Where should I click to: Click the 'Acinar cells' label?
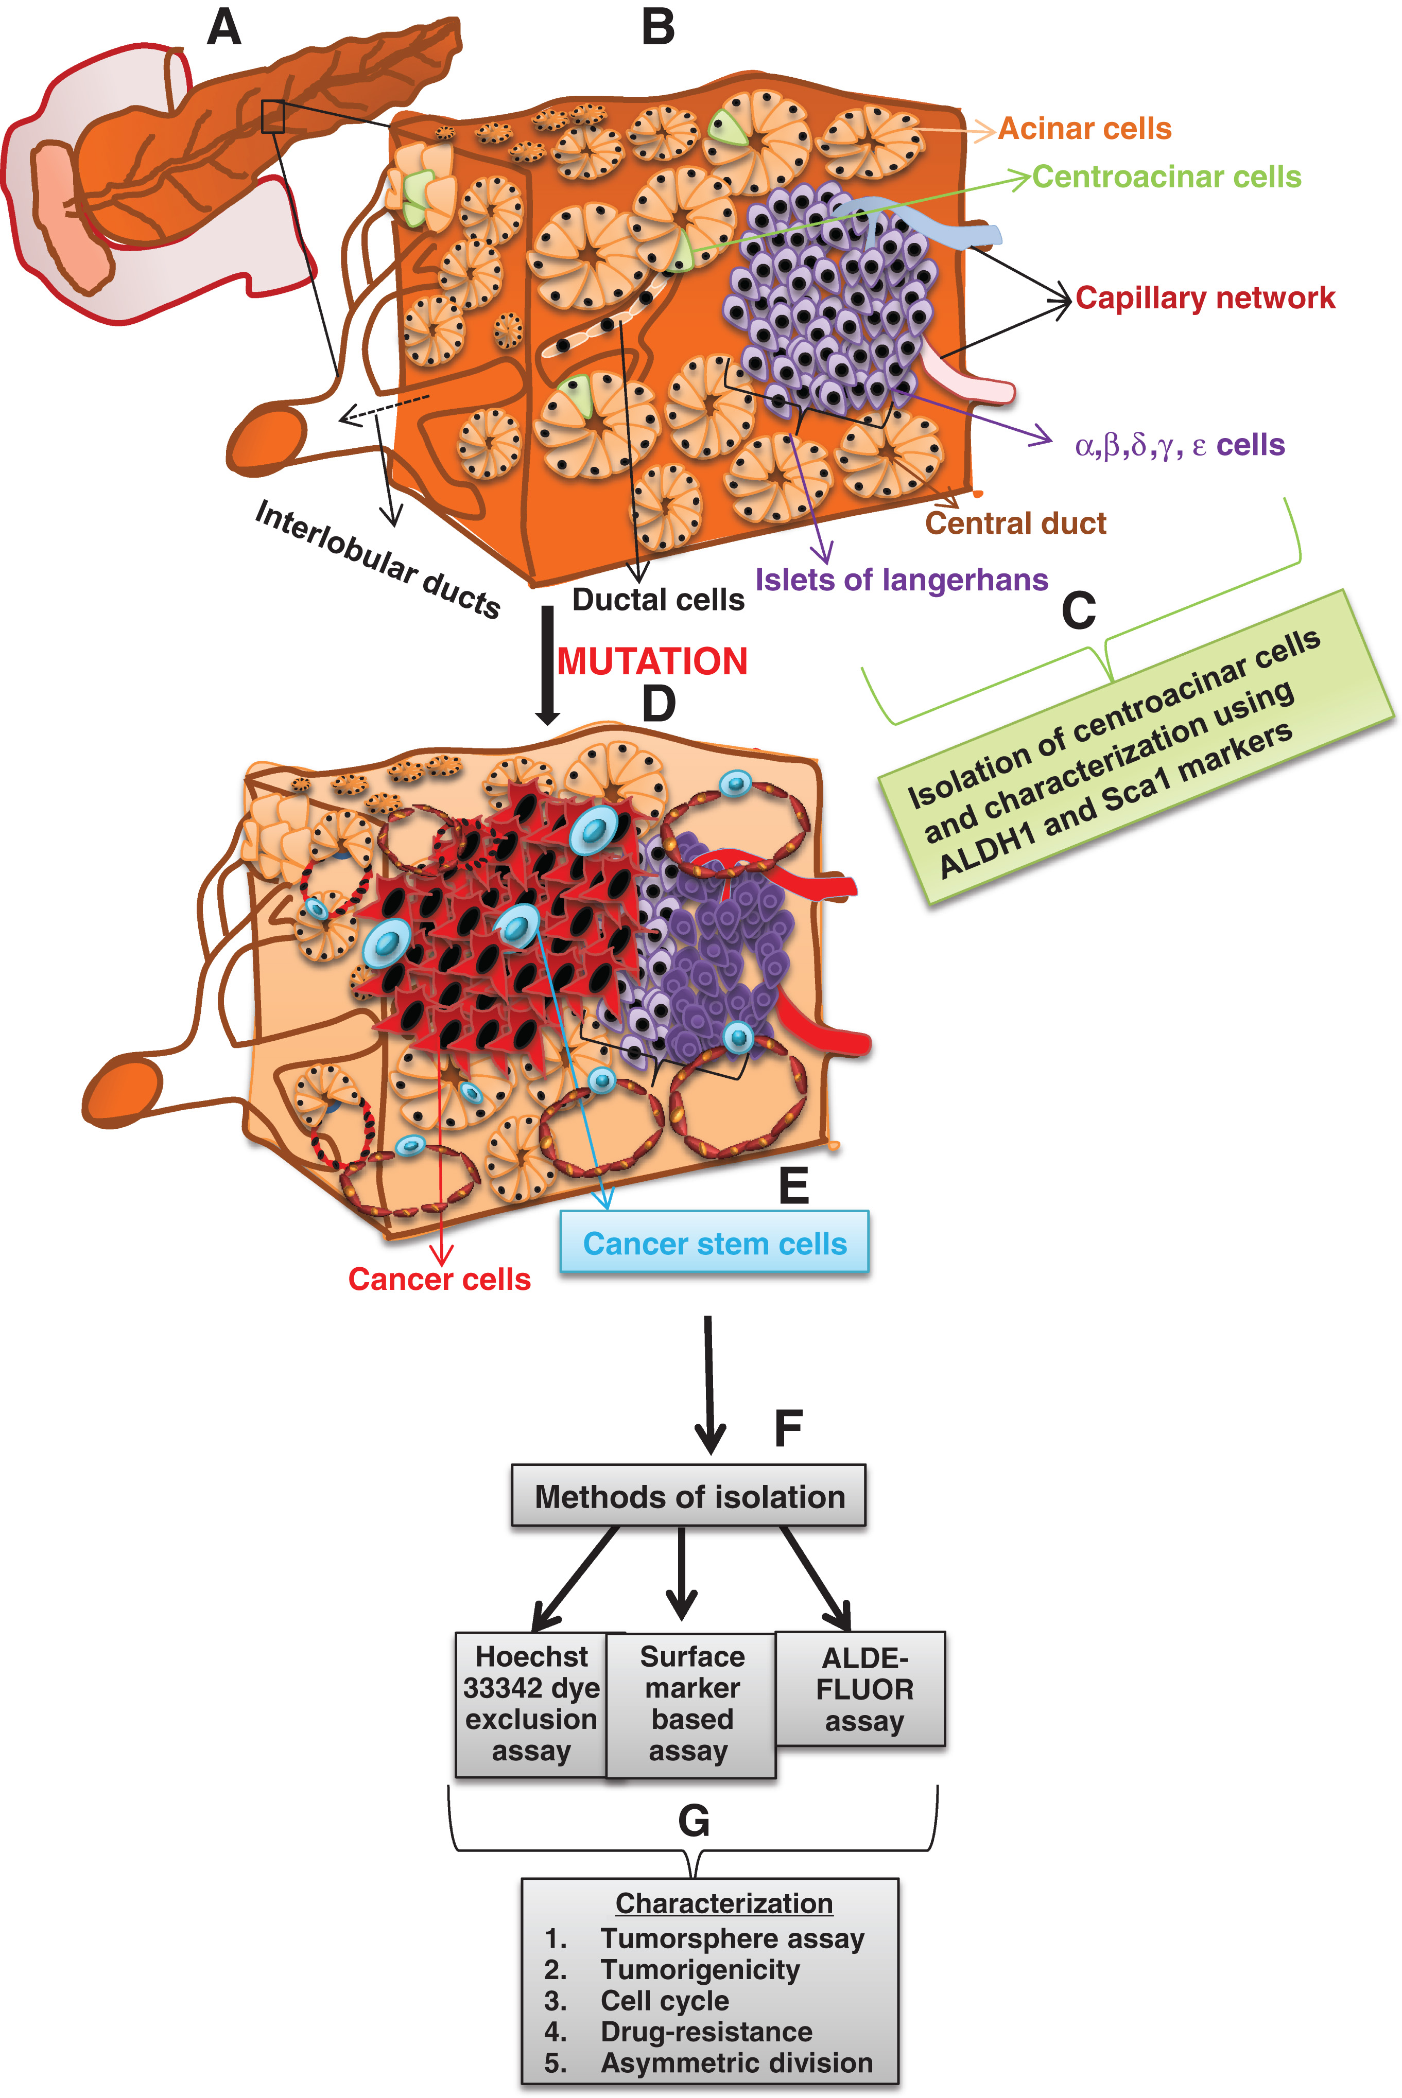pos(1084,129)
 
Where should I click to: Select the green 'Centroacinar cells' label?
pos(1166,177)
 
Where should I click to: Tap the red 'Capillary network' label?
pos(1204,298)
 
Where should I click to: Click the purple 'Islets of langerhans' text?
pos(901,580)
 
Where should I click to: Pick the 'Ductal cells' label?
pos(658,600)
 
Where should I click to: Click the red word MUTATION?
pos(652,661)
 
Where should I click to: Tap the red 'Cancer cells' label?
pos(439,1279)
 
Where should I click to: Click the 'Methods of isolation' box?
pos(688,1496)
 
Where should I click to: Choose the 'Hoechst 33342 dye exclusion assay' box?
pos(531,1704)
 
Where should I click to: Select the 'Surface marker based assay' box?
pos(691,1704)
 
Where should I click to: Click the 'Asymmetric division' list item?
pos(736,2062)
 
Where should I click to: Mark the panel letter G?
pos(694,1821)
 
